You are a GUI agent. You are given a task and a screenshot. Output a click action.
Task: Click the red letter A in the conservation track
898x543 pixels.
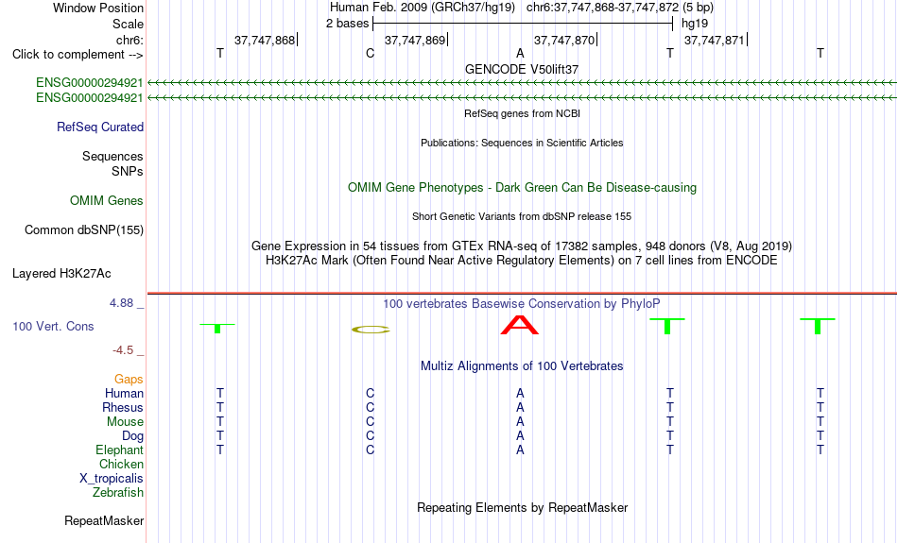(520, 325)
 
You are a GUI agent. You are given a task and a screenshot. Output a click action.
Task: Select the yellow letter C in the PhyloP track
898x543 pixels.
(371, 330)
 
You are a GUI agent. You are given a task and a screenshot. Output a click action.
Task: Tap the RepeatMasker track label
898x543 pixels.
(104, 520)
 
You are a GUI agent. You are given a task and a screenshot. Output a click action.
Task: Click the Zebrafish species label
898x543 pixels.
(118, 492)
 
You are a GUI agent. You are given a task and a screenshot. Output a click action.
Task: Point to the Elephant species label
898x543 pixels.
(119, 450)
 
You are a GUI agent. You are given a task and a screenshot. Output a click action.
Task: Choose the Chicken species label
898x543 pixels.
(121, 464)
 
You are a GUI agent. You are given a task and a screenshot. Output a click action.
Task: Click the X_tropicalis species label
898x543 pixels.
(112, 479)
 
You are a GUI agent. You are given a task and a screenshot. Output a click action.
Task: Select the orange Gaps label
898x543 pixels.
(129, 379)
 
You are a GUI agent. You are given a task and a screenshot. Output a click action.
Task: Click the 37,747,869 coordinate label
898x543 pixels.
(415, 40)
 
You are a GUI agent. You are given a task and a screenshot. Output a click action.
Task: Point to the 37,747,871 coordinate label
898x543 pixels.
(715, 40)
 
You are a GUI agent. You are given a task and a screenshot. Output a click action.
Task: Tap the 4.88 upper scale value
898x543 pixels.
(121, 303)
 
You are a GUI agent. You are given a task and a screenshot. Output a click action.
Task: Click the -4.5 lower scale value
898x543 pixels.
(123, 349)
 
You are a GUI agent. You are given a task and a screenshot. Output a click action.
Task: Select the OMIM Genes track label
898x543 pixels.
(107, 200)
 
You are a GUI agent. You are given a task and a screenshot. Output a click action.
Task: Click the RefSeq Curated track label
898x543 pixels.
(100, 127)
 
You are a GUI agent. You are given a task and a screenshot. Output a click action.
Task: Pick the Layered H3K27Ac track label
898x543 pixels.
(61, 274)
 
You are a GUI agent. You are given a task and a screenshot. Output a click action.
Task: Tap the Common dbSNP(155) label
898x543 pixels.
(84, 229)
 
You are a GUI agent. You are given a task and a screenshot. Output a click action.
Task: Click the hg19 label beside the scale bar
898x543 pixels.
(695, 24)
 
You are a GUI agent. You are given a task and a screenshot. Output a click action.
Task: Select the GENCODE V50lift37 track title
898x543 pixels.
(522, 69)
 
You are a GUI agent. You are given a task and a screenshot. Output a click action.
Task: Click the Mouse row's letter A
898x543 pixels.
(520, 422)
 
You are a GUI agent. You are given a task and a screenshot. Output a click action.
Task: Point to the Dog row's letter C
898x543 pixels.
(370, 436)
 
